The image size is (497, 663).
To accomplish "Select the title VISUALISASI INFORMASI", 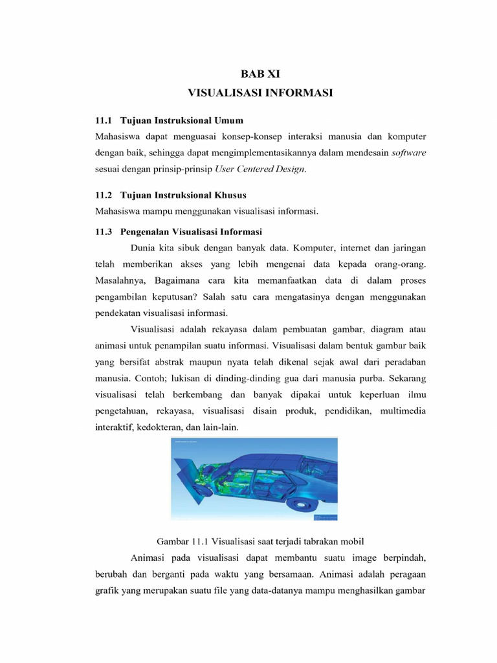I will [260, 93].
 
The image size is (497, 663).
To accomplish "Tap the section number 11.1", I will [104, 121].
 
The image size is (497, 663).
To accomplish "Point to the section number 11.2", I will [104, 195].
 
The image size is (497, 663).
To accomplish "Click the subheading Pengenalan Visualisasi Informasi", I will [191, 232].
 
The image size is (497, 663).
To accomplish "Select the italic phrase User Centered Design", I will [274, 169].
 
